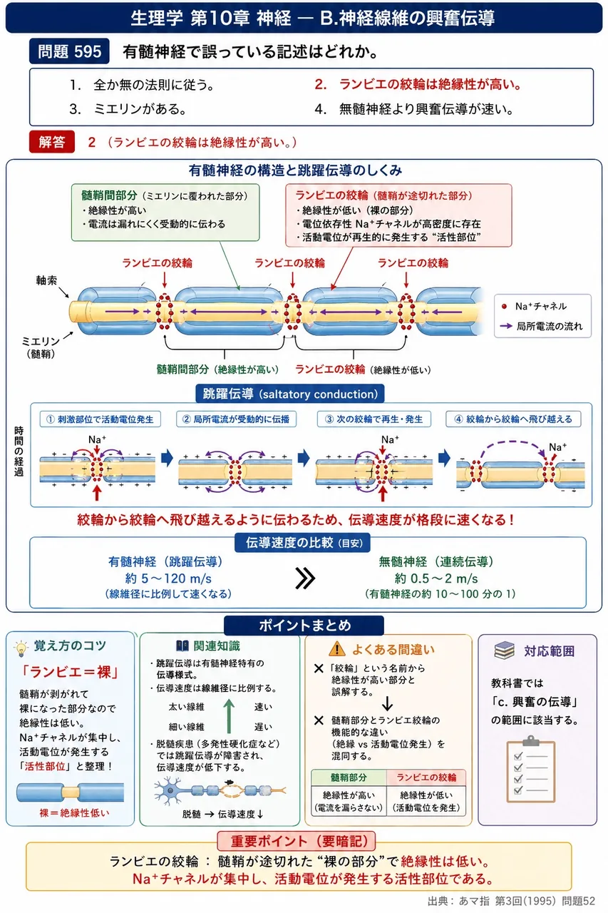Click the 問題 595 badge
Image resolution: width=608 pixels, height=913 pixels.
click(x=69, y=51)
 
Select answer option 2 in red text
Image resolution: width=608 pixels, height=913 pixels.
click(x=418, y=84)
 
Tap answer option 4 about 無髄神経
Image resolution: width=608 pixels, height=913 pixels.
click(x=413, y=109)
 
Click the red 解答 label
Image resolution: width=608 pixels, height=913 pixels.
click(x=52, y=142)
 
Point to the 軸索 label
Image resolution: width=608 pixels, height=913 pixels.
click(x=46, y=280)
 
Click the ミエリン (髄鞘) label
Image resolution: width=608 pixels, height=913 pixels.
click(x=41, y=347)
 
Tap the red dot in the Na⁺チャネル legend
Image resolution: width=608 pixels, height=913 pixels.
click(x=504, y=306)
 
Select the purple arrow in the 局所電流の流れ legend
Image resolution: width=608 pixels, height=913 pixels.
click(x=506, y=326)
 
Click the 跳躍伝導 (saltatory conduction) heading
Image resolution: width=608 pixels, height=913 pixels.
click(x=290, y=394)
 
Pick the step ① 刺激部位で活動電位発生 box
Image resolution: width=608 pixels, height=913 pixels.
click(x=101, y=419)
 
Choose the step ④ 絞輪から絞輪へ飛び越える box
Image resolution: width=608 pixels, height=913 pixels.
click(x=513, y=419)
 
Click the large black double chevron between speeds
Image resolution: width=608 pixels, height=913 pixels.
click(x=305, y=578)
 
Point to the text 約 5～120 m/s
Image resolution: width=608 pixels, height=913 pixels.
click(x=168, y=578)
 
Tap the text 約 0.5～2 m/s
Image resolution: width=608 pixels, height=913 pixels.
click(x=436, y=578)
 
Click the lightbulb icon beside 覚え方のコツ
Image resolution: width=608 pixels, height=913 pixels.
click(x=21, y=648)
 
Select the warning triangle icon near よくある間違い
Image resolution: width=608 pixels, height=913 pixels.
click(x=336, y=649)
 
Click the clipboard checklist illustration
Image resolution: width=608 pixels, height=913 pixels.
click(x=530, y=768)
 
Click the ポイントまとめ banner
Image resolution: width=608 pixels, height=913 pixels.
click(x=304, y=626)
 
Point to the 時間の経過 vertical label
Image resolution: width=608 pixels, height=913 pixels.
click(x=19, y=452)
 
